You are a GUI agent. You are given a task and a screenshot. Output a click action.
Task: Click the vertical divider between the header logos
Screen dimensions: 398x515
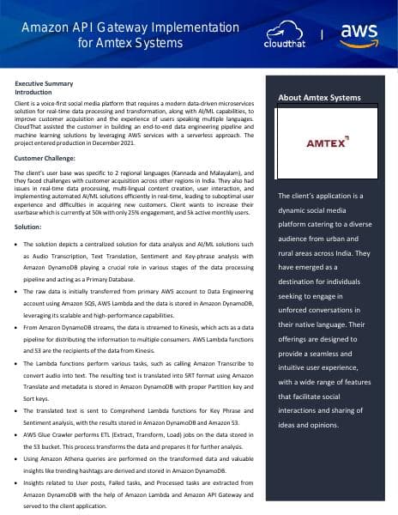pyautogui.click(x=322, y=34)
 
